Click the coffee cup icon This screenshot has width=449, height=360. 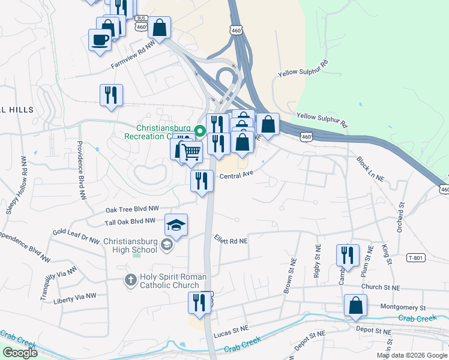point(100,40)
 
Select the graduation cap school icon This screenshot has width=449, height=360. point(176,225)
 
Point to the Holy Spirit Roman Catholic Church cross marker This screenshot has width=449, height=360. point(130,280)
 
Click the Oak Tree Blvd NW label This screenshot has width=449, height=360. point(132,209)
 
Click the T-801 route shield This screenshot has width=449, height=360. point(415,258)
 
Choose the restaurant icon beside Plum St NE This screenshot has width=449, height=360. point(347,255)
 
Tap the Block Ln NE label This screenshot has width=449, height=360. point(370,169)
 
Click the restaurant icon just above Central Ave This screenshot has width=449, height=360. point(202,181)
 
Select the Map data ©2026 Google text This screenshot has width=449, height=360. point(412,355)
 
